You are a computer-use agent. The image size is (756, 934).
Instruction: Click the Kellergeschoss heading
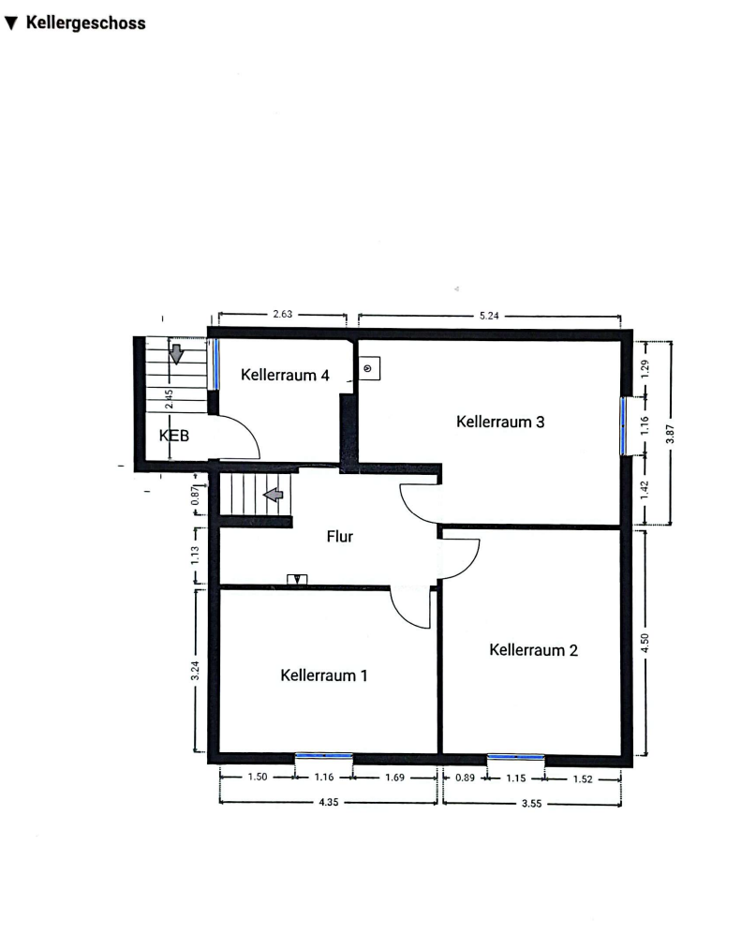[86, 23]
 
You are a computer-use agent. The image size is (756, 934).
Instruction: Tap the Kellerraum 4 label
[285, 375]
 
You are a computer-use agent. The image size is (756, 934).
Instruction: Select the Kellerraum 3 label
[500, 422]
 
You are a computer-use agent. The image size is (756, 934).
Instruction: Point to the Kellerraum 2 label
[533, 650]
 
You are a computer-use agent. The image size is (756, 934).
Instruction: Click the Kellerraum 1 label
[323, 675]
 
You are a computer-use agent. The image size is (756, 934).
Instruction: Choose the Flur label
[339, 537]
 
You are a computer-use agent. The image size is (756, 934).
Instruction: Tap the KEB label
[174, 436]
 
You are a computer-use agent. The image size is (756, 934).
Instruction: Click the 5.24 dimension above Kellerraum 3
[489, 316]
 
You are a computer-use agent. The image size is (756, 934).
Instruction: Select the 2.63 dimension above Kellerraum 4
[282, 314]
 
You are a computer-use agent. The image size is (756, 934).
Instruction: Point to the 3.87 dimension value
[670, 434]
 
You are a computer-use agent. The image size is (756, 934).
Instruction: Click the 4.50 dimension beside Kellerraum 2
[645, 643]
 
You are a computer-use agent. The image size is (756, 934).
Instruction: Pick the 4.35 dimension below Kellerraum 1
[328, 802]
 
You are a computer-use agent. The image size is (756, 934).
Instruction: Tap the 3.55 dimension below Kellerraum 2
[531, 804]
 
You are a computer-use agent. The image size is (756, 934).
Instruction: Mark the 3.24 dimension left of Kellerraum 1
[195, 671]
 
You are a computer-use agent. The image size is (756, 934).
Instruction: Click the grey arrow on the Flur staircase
[274, 495]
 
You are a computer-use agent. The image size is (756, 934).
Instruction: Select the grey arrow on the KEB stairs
[176, 354]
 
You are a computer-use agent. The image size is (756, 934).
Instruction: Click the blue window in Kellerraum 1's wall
[324, 756]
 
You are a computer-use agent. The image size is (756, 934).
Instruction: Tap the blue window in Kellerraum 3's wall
[623, 426]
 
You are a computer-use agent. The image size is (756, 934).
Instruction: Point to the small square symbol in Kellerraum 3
[369, 369]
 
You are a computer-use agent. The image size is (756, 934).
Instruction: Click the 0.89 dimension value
[466, 778]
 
